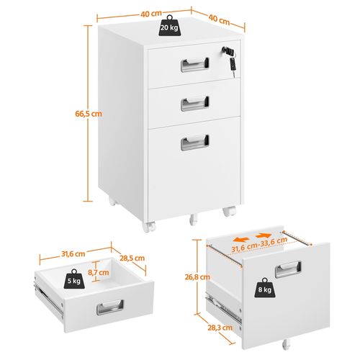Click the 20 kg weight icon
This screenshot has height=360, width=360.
[169, 26]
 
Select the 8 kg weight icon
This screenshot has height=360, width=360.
[265, 288]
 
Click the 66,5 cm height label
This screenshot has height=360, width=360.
[89, 114]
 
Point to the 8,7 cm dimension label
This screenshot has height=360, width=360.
[99, 272]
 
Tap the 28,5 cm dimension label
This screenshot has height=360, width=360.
[132, 258]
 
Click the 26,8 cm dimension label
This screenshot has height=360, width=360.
[197, 277]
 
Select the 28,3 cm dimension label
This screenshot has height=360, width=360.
[220, 328]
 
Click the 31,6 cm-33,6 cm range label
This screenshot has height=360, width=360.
[259, 245]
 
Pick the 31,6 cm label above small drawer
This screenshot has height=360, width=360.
[73, 254]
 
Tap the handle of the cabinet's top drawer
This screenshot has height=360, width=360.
[194, 65]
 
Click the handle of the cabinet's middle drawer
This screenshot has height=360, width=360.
[194, 104]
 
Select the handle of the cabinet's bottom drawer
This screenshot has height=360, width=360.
[194, 143]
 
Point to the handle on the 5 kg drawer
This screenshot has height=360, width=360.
[110, 307]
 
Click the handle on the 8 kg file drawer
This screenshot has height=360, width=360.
[288, 269]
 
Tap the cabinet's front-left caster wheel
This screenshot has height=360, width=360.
[149, 227]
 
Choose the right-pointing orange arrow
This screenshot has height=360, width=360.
[264, 236]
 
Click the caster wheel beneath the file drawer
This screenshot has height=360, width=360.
[285, 345]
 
